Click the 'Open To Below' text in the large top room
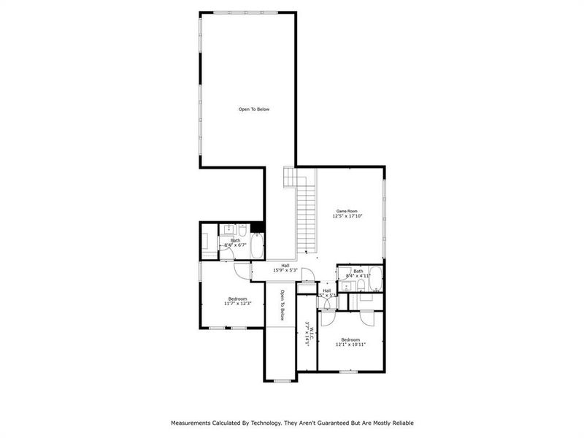(x=253, y=109)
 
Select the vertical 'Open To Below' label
(x=282, y=306)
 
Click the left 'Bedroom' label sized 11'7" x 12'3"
(x=237, y=299)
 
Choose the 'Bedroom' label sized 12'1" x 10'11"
(x=350, y=339)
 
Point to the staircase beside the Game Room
(x=305, y=215)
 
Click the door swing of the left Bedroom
(x=241, y=270)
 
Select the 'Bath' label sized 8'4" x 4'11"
(x=358, y=272)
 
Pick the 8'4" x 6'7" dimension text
(x=236, y=245)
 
